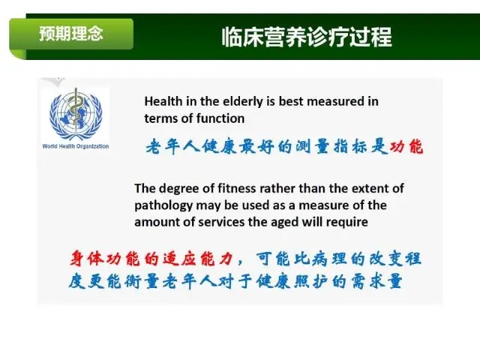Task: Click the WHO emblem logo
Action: point(76,114)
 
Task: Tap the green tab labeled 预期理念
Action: point(71,34)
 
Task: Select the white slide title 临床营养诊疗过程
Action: point(307,37)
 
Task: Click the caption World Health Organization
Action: point(76,146)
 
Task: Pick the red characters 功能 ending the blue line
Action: point(406,146)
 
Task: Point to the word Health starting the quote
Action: point(163,101)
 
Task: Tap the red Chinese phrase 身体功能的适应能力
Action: point(151,259)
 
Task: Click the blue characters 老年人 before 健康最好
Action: point(172,146)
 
